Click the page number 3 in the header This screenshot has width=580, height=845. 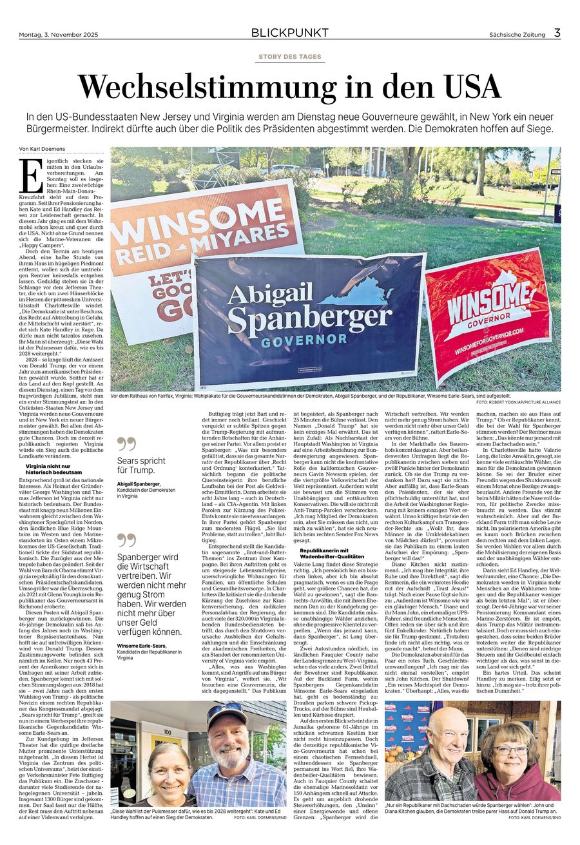click(557, 32)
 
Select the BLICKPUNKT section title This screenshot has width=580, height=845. click(289, 32)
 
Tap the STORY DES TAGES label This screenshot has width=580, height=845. click(289, 57)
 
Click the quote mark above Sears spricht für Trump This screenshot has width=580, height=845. click(127, 443)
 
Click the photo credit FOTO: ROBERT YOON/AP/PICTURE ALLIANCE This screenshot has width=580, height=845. click(518, 402)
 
